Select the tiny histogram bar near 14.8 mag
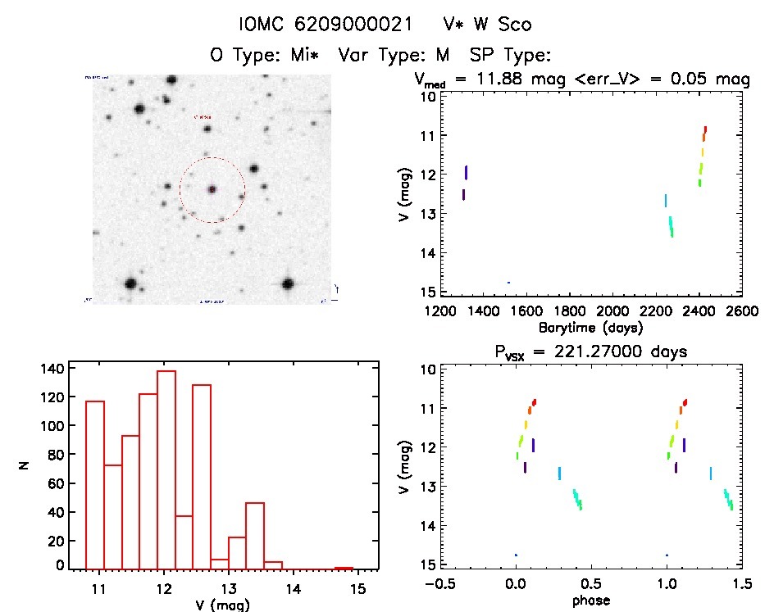point(344,568)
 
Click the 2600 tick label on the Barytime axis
point(741,312)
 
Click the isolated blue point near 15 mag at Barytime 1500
point(508,283)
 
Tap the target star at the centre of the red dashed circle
point(212,189)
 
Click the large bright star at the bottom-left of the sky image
point(130,283)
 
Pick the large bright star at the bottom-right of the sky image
point(288,283)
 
